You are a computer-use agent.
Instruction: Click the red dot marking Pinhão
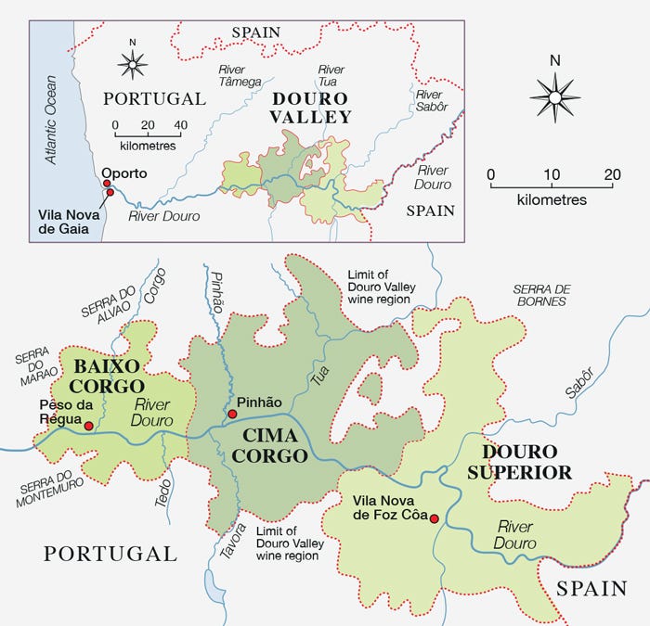pos(231,414)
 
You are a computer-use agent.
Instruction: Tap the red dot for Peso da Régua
pos(88,426)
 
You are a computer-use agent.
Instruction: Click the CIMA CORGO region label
pos(269,445)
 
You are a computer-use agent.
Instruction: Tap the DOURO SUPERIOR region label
pos(526,462)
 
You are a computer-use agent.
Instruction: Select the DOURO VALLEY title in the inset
pos(311,108)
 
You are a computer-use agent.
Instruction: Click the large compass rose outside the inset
pos(555,96)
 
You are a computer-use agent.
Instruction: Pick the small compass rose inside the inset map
pos(133,64)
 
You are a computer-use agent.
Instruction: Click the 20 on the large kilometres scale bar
pos(612,174)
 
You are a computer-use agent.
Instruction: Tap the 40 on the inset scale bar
pos(180,125)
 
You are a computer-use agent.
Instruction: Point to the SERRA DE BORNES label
pos(541,295)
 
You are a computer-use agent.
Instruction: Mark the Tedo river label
pos(163,494)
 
